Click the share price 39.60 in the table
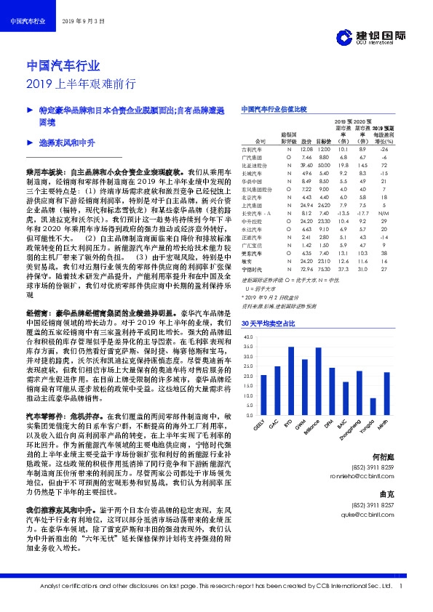click(327, 165)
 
